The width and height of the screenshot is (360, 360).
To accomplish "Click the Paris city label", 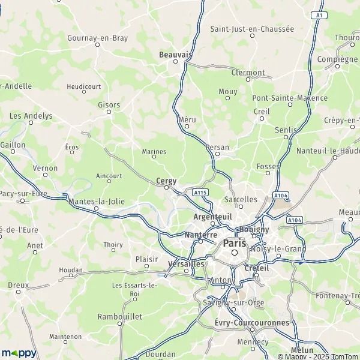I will (235, 244).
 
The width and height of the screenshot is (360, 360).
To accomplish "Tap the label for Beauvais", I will (175, 55).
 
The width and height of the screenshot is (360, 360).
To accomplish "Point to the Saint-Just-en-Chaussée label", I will (252, 28).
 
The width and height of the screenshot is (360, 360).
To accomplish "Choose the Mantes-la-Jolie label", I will (97, 202).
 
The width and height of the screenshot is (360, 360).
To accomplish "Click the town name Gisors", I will (109, 104).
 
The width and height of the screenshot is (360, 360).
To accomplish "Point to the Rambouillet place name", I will (119, 316).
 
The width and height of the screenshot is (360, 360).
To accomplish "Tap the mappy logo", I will (19, 353).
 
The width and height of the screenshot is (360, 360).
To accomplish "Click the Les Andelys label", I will (31, 116).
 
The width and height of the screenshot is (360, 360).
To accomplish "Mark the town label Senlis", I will (285, 130).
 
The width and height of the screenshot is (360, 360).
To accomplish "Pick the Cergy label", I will (166, 180).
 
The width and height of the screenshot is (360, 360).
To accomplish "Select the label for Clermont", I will (248, 73).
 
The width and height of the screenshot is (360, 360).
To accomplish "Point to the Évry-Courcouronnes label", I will (251, 323).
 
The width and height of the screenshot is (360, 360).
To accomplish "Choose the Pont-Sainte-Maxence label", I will (290, 98).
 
